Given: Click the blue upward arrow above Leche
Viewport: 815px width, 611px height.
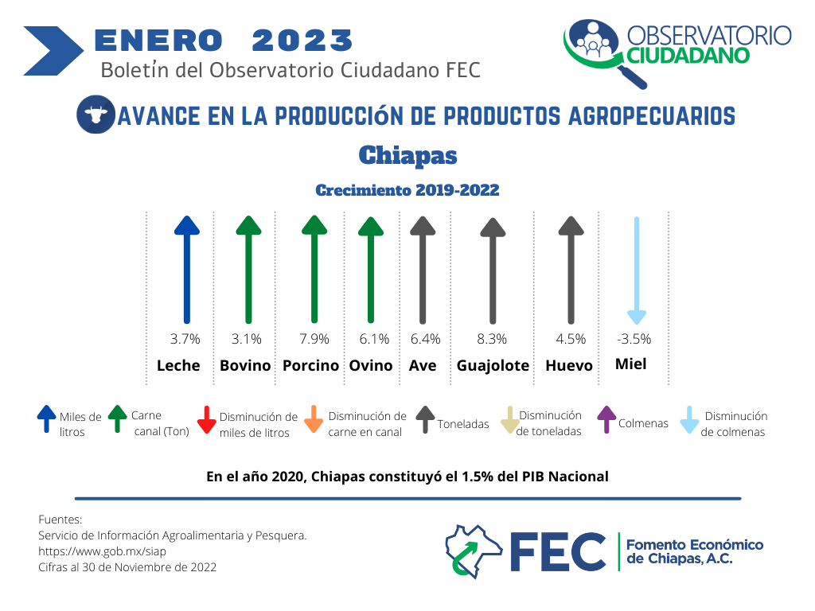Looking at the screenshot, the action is point(186,270).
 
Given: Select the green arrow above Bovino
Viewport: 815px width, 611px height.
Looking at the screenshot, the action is point(248,270).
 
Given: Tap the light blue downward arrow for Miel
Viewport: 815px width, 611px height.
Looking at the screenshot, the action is point(637,270).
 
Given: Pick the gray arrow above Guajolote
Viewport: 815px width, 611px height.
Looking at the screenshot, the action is point(493,270).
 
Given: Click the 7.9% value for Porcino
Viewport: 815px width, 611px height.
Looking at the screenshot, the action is point(314,339).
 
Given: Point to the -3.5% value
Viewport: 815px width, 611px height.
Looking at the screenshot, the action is point(634,339).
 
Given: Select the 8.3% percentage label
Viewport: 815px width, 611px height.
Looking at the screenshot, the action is point(492,339).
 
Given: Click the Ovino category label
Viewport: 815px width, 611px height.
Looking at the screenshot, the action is point(371,366).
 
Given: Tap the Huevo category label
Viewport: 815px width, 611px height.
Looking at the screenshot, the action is point(568,366).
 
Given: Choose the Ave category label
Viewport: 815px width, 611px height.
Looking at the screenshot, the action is point(423,366).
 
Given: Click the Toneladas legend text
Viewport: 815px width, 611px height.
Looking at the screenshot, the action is point(463,424).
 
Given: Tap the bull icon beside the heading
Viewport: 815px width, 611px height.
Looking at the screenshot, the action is point(96,115).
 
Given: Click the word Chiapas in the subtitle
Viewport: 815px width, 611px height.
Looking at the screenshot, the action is point(408,155).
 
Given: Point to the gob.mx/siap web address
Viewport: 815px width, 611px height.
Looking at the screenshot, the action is point(103,551).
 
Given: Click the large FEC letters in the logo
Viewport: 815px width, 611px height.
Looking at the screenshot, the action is point(558,552).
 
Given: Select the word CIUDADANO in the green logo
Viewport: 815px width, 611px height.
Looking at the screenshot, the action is point(688,56).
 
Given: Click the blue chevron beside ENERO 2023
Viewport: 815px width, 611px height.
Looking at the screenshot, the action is point(53,51).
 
